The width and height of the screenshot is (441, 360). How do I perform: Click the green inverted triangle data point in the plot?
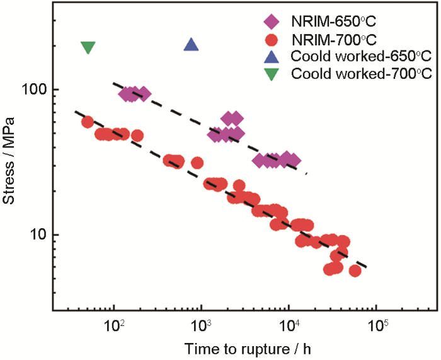click(88, 48)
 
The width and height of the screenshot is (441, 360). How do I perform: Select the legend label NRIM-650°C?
click(328, 23)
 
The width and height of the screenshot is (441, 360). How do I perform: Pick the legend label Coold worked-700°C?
click(361, 74)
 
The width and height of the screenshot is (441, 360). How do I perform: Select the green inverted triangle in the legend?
click(272, 74)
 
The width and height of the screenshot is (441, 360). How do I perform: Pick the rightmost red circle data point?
click(355, 271)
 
